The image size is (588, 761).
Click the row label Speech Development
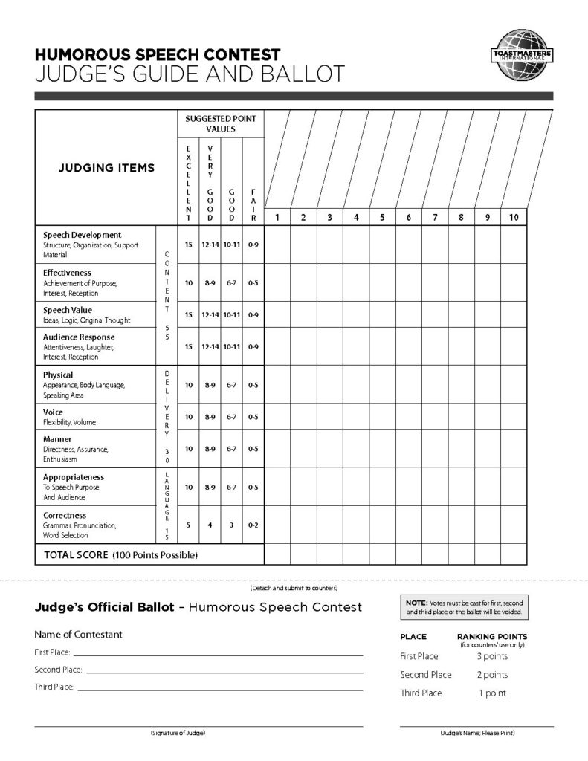pos(82,235)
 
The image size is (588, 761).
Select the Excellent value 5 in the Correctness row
pos(188,525)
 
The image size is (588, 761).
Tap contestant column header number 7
pos(434,217)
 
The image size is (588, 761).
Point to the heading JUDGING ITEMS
pos(106,168)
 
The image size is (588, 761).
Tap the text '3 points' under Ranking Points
pos(492,656)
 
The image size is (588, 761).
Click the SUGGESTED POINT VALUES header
pos(220,123)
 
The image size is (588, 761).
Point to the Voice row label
pos(54,412)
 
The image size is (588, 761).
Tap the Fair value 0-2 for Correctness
pos(253,525)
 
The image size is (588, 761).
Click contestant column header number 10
pos(514,217)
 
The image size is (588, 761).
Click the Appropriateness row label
pos(74,476)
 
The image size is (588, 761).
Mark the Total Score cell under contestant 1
pos(277,554)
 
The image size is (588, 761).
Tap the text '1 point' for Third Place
pos(492,693)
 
